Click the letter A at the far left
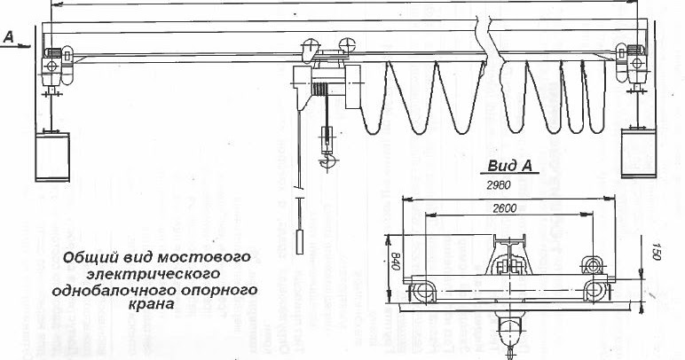7,36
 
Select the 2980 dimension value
500,187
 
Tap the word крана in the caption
154,304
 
